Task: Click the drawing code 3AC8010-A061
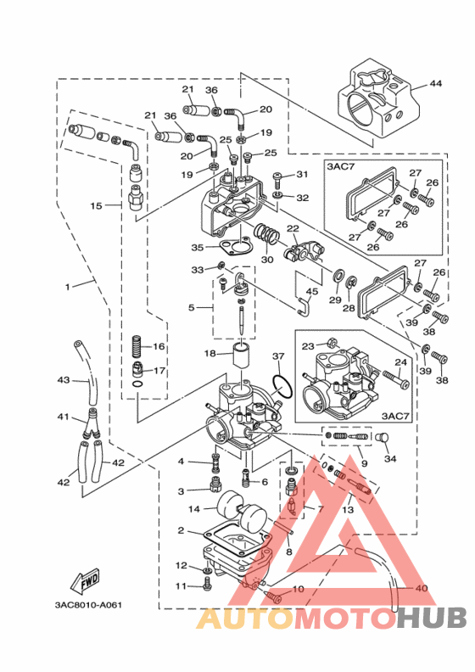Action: (88, 605)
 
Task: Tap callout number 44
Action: (436, 83)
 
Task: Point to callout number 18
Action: (210, 354)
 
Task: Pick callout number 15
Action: (96, 205)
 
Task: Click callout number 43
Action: (64, 380)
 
